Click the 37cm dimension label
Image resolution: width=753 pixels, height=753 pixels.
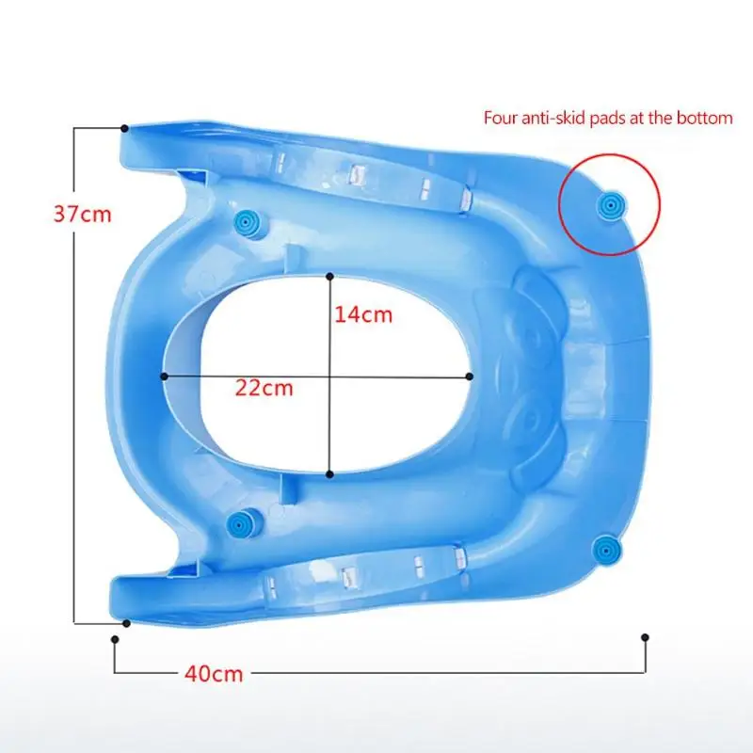click(82, 214)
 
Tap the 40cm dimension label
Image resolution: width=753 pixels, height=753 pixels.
click(214, 674)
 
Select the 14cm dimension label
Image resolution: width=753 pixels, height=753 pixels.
click(363, 314)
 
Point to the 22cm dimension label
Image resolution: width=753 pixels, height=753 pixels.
click(264, 388)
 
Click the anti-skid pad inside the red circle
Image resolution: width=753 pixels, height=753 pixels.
click(610, 206)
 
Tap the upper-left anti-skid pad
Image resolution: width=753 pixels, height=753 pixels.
click(248, 223)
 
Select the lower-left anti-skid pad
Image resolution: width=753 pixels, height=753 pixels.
click(240, 521)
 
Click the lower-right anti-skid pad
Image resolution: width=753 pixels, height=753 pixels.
click(606, 549)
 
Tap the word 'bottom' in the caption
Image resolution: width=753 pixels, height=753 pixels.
click(704, 119)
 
